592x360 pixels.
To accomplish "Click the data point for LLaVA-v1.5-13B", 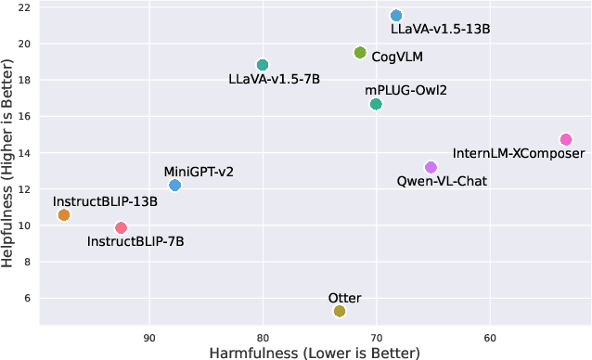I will (396, 16).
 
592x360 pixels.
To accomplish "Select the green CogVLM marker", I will (360, 53).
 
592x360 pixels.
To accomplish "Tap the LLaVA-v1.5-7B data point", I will (263, 65).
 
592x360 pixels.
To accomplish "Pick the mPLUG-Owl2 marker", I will (376, 104).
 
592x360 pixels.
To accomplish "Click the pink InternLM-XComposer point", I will (566, 139).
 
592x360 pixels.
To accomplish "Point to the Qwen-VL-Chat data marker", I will (431, 167).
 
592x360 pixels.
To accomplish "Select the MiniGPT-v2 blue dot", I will (174, 186).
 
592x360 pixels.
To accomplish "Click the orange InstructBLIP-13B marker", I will (63, 215).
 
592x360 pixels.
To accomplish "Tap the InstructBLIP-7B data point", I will (121, 227).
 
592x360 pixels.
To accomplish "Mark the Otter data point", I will (340, 311).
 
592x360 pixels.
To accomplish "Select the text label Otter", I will (344, 298).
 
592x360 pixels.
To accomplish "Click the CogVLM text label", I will (397, 57).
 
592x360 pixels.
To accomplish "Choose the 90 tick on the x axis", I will (149, 338).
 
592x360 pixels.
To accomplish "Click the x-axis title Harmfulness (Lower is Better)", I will (315, 353).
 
